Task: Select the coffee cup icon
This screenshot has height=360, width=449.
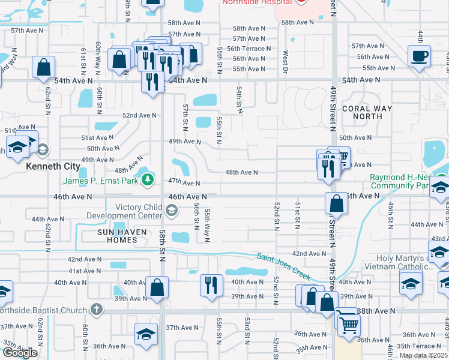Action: [419, 56]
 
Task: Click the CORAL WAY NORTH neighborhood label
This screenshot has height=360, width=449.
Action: [367, 113]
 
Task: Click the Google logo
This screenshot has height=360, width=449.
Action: [20, 353]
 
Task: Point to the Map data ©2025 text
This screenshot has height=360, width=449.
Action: [423, 355]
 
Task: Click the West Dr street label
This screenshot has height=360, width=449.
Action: [285, 62]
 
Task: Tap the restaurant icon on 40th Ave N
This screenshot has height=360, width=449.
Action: [211, 284]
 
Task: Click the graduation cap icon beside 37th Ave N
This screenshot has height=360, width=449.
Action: [146, 334]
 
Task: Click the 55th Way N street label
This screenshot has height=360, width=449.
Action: [206, 225]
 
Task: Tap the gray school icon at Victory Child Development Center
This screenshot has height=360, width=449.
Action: [172, 209]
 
